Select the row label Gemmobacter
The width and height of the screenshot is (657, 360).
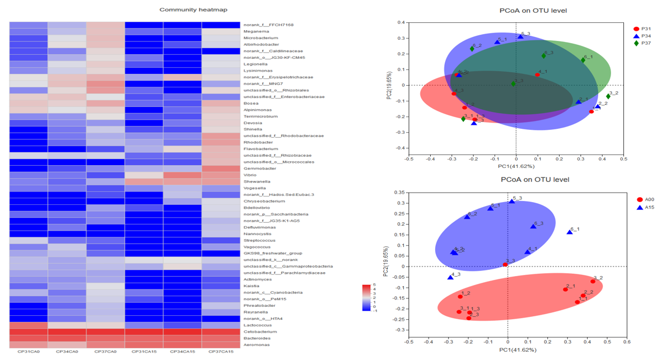pos(257,169)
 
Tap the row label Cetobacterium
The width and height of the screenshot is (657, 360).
pos(258,331)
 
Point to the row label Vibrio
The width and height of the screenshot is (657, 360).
pos(250,175)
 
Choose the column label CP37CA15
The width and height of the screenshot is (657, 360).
pos(221,352)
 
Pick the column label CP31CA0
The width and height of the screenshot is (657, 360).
pos(28,352)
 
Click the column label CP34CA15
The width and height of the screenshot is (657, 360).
pos(182,352)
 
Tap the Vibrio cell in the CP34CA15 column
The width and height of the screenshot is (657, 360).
pos(182,175)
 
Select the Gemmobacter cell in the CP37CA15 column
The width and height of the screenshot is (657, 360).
pos(221,169)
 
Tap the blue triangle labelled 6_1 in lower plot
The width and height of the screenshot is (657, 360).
pos(570,232)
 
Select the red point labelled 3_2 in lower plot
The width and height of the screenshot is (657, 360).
pos(593,281)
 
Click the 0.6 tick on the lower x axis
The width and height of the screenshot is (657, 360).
pos(627,342)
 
